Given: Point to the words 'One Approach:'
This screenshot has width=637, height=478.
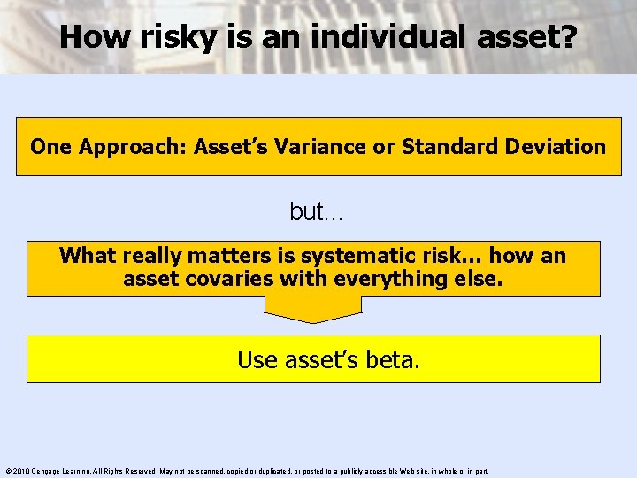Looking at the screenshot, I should coord(95,147).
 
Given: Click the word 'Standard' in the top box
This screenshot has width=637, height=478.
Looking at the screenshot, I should coord(451,147).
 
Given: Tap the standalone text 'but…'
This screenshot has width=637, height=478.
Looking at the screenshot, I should coord(316,212).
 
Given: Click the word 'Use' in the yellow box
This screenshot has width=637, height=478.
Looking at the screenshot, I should coord(257,360).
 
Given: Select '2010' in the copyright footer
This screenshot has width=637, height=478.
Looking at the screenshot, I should coord(22,471).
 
